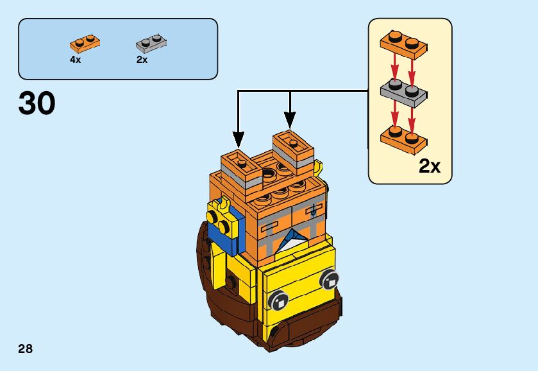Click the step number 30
pos(37,104)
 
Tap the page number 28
pos(26,349)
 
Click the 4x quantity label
pos(76,60)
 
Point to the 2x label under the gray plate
pos(142,60)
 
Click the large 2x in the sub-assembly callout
pos(430,167)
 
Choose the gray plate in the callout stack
pos(403,92)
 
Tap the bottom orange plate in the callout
pos(403,136)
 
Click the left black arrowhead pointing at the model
pos(239,139)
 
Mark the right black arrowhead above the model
pos(290,120)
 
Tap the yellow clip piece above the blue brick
pos(223,207)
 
